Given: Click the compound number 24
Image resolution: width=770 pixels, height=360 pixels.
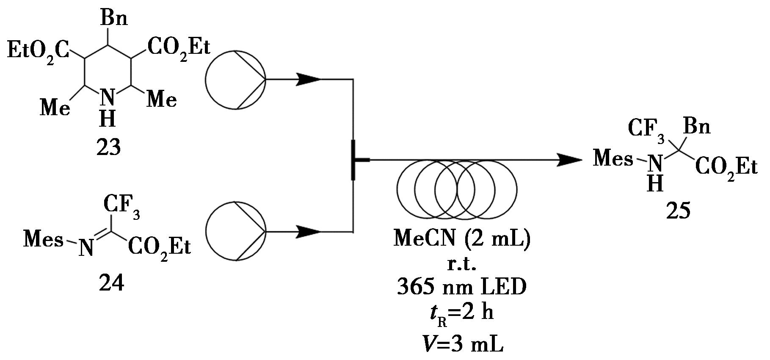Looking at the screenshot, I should (111, 282).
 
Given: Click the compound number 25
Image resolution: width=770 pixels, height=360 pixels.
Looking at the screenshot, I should (678, 210).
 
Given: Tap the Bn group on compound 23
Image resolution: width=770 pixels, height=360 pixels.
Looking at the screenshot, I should (113, 19).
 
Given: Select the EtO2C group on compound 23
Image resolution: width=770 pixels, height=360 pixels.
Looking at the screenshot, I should (38, 51).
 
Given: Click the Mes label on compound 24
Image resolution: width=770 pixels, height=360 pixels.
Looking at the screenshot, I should (43, 240).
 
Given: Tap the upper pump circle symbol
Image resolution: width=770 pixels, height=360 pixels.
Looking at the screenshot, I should (235, 79).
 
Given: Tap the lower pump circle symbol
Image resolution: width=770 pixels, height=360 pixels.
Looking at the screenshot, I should (235, 231).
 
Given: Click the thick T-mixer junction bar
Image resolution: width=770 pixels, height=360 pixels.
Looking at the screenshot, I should (353, 160).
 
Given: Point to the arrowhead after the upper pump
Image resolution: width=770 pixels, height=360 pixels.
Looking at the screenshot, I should (308, 79).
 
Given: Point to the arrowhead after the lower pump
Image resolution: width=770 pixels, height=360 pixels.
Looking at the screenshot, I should (308, 232).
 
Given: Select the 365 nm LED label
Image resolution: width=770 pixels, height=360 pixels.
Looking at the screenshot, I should (462, 288).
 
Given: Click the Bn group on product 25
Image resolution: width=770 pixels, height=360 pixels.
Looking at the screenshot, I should (697, 127).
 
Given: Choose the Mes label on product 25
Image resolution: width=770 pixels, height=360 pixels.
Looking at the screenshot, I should (613, 159).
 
